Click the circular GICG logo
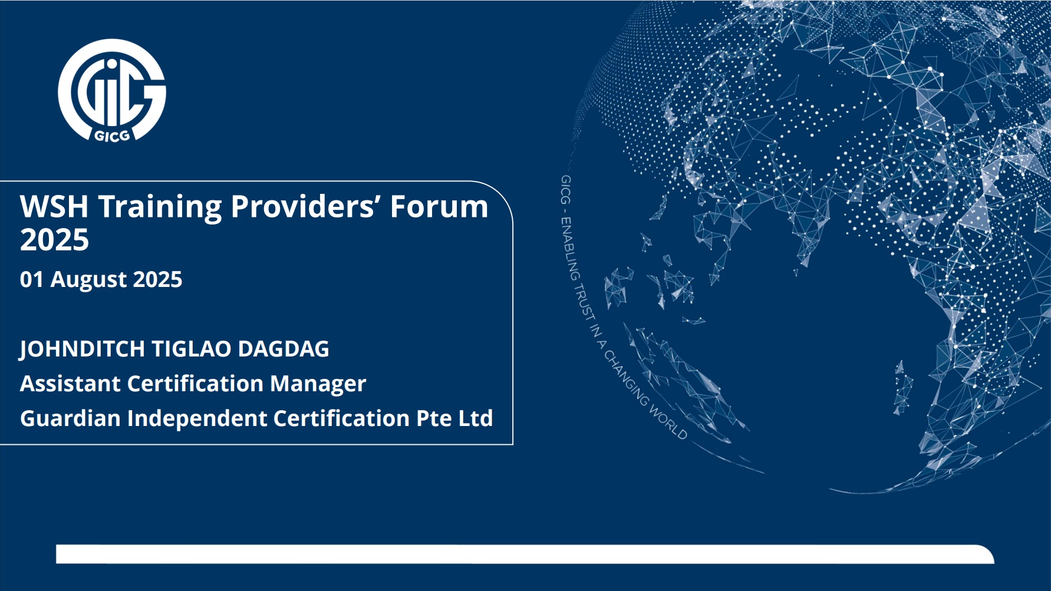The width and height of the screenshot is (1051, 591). coord(112,91)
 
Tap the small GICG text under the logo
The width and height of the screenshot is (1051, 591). coord(112,136)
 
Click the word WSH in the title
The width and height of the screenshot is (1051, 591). coord(54,207)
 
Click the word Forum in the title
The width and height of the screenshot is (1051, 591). coord(439,207)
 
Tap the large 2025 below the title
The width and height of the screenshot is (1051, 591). coord(54,240)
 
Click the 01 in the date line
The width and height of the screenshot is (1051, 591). coord(32,279)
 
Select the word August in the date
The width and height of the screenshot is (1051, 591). coord(88,280)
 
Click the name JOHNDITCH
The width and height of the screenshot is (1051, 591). coord(82,349)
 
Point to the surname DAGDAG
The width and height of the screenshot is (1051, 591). coord(284,349)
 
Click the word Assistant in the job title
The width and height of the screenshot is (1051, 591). coord(70,384)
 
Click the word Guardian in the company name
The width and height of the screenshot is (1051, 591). coord(70,418)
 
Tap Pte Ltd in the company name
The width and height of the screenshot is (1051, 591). coord(454,418)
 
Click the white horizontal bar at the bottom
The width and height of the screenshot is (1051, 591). coord(525,554)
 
